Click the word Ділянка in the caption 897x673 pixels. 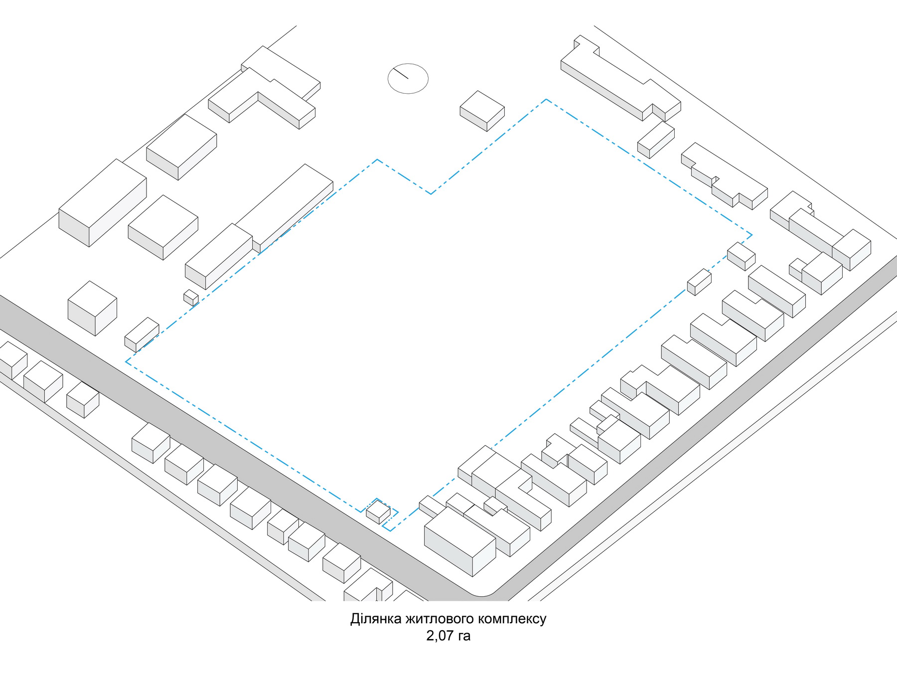[x=376, y=619]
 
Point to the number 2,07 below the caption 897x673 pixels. [x=440, y=636]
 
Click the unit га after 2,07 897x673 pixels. [x=464, y=637]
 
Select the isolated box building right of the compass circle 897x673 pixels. [x=482, y=111]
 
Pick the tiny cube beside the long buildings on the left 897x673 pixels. [x=191, y=298]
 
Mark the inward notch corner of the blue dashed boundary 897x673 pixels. [x=431, y=193]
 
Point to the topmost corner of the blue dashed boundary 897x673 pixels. [x=546, y=99]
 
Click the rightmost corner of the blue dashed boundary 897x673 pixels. [x=752, y=235]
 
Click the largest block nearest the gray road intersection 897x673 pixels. [x=460, y=541]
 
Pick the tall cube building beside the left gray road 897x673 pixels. [x=92, y=308]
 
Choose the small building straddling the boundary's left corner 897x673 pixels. [x=142, y=335]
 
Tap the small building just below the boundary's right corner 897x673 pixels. [x=742, y=256]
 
